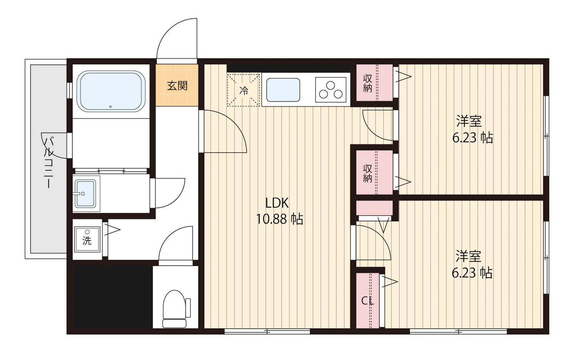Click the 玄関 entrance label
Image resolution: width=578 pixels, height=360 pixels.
(x=177, y=86)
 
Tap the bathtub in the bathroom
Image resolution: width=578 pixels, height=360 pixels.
(x=111, y=91)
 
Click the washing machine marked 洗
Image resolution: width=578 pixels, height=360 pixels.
(x=87, y=239)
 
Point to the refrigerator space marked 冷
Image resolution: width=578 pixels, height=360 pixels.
(x=243, y=90)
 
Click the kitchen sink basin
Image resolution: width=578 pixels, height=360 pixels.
(x=283, y=90)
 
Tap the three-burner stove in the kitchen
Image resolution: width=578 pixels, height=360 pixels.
(x=331, y=90)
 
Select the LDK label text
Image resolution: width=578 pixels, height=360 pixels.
(x=277, y=204)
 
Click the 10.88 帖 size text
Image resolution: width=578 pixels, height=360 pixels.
(x=279, y=219)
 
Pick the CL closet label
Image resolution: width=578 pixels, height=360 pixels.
(x=368, y=301)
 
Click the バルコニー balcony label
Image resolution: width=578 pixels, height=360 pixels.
(x=49, y=163)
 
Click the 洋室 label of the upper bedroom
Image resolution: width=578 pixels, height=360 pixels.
(x=469, y=121)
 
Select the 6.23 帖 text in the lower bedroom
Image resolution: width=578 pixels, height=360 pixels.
(x=472, y=273)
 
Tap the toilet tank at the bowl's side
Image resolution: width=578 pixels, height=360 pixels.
(x=188, y=308)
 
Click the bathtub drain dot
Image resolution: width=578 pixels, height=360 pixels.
(x=111, y=107)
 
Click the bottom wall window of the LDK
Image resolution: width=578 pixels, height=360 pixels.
(x=267, y=331)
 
